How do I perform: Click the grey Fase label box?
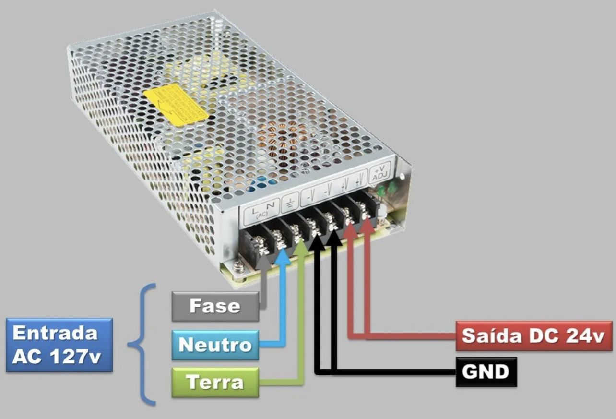(x=215, y=306)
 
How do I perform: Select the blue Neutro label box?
(x=215, y=345)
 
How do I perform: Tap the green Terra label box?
(x=215, y=383)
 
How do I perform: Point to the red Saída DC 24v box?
(x=533, y=336)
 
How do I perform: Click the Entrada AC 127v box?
(x=59, y=345)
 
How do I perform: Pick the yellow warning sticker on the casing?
(x=177, y=105)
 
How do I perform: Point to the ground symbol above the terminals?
(x=289, y=205)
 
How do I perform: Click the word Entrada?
(x=55, y=333)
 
